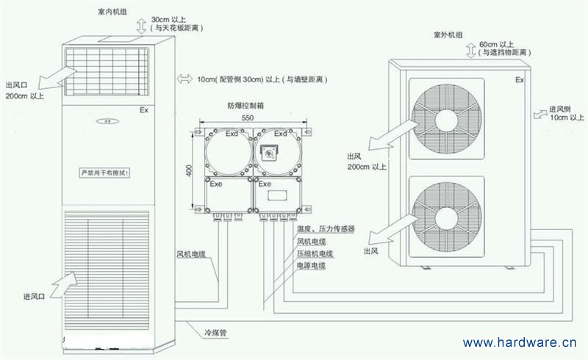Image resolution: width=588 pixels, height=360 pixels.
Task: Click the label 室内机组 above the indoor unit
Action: pos(111,12)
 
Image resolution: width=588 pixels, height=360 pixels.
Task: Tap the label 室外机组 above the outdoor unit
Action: pos(448,35)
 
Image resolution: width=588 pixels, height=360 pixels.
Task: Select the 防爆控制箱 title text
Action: pos(245,105)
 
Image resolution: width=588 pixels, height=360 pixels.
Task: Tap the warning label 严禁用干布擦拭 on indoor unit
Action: pos(105,172)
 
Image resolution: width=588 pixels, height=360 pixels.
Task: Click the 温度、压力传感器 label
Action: pos(326,229)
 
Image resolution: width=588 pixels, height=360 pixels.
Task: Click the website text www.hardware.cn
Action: pos(520,342)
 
